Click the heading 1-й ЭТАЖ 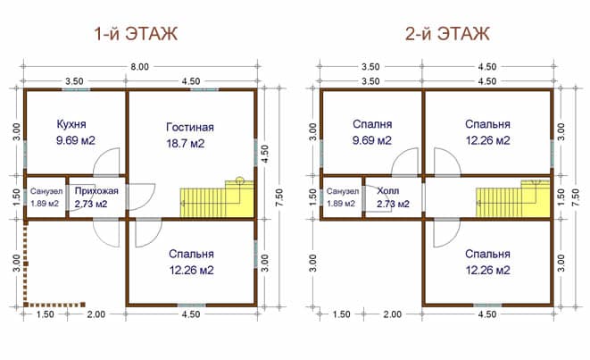tap(136, 34)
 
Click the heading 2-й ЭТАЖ tap(447, 34)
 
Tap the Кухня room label tap(71, 124)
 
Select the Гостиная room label tap(190, 127)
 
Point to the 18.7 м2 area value tap(186, 144)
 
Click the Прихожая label tap(96, 191)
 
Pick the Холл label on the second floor tap(388, 191)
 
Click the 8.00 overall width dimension tap(139, 67)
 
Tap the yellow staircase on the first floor tap(217, 198)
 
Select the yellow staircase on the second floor tap(512, 198)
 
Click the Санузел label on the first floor tap(46, 191)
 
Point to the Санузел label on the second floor tap(343, 191)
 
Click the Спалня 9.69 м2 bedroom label tap(372, 132)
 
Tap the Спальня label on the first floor tap(191, 254)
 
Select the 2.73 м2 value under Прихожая tap(91, 204)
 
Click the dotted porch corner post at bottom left tap(26, 305)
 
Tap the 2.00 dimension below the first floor tap(96, 314)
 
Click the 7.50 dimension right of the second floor tap(575, 197)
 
